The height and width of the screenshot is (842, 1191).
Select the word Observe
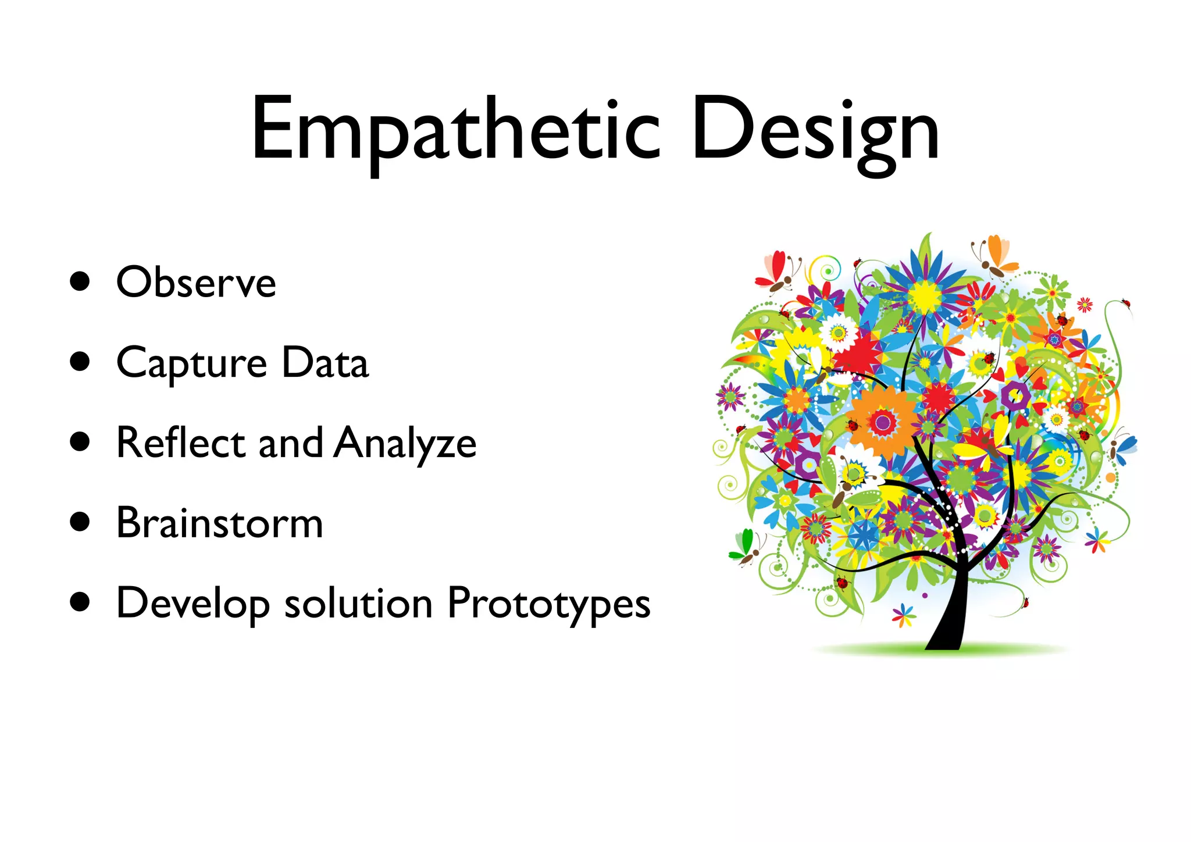[x=196, y=283]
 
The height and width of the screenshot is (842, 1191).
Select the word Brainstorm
[x=219, y=523]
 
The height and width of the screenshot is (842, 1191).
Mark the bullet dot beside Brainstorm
[x=80, y=522]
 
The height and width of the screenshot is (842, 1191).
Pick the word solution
[x=358, y=604]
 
